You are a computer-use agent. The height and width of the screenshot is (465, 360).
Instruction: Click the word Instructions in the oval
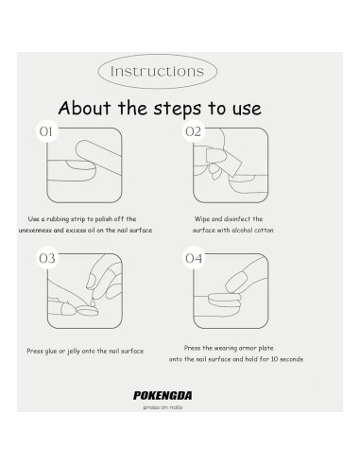157,71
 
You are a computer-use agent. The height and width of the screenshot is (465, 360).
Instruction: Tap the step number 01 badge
47,131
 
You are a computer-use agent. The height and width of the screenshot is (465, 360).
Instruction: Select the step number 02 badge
194,131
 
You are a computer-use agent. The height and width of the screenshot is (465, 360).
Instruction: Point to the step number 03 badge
47,258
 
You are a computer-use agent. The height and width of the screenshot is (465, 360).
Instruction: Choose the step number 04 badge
194,258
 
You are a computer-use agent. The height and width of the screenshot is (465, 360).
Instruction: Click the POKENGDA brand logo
163,395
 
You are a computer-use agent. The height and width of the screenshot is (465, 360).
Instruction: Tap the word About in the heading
85,108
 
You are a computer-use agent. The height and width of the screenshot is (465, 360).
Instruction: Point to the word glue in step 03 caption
51,352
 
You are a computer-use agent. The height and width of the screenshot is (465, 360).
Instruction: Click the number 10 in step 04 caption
275,359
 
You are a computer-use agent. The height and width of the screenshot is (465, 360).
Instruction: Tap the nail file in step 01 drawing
98,157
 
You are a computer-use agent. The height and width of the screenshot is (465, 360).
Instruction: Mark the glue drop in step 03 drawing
93,301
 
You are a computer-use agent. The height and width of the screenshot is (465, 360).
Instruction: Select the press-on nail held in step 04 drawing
236,281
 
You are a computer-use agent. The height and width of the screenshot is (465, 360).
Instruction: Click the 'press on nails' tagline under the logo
163,407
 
